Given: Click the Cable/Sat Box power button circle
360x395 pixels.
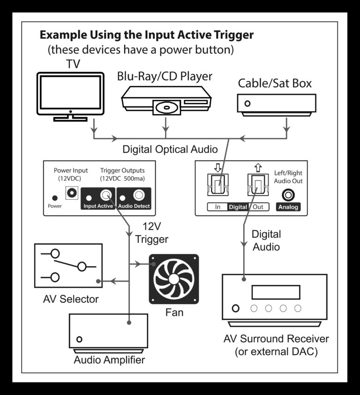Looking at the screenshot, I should (x=247, y=103).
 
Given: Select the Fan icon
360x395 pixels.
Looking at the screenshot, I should (x=173, y=279).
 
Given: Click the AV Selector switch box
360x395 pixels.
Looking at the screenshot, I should (x=68, y=265).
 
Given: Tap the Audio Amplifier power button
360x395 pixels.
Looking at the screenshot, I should (x=80, y=339).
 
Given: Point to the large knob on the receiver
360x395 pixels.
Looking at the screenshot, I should (x=235, y=308).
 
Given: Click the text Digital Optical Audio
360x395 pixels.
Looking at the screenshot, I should (x=170, y=149).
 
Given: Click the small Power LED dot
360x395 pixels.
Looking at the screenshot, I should (x=55, y=198).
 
